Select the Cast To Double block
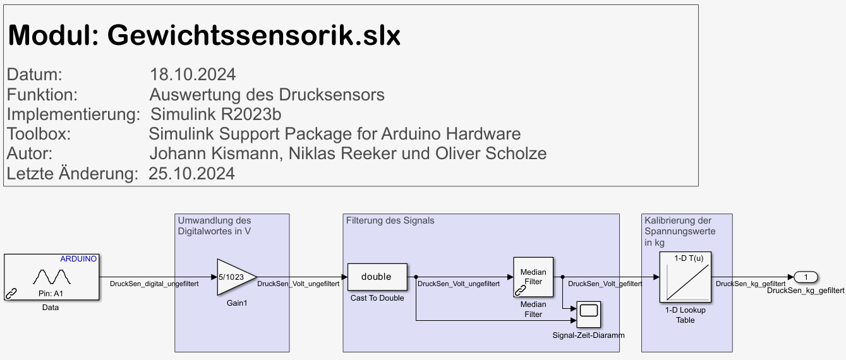(377, 277)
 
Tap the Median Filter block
(533, 277)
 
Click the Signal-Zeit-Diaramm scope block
(588, 313)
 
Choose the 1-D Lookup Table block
(686, 277)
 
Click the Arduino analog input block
(51, 277)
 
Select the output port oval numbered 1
(806, 277)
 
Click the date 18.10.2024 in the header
(193, 75)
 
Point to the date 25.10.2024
(191, 173)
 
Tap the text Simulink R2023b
(215, 114)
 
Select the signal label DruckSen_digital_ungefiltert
(154, 284)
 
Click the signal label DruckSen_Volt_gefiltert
(605, 284)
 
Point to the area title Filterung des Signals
(390, 220)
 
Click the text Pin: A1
(51, 294)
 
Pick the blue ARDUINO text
(78, 259)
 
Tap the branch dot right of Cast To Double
(416, 277)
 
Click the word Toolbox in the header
(39, 134)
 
